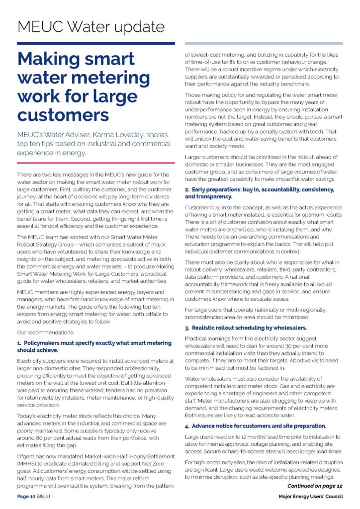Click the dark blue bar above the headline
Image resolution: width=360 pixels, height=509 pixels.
pyautogui.click(x=96, y=43)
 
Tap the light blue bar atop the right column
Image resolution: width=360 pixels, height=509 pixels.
pyautogui.click(x=264, y=43)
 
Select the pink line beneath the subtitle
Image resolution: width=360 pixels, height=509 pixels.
pyautogui.click(x=96, y=163)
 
